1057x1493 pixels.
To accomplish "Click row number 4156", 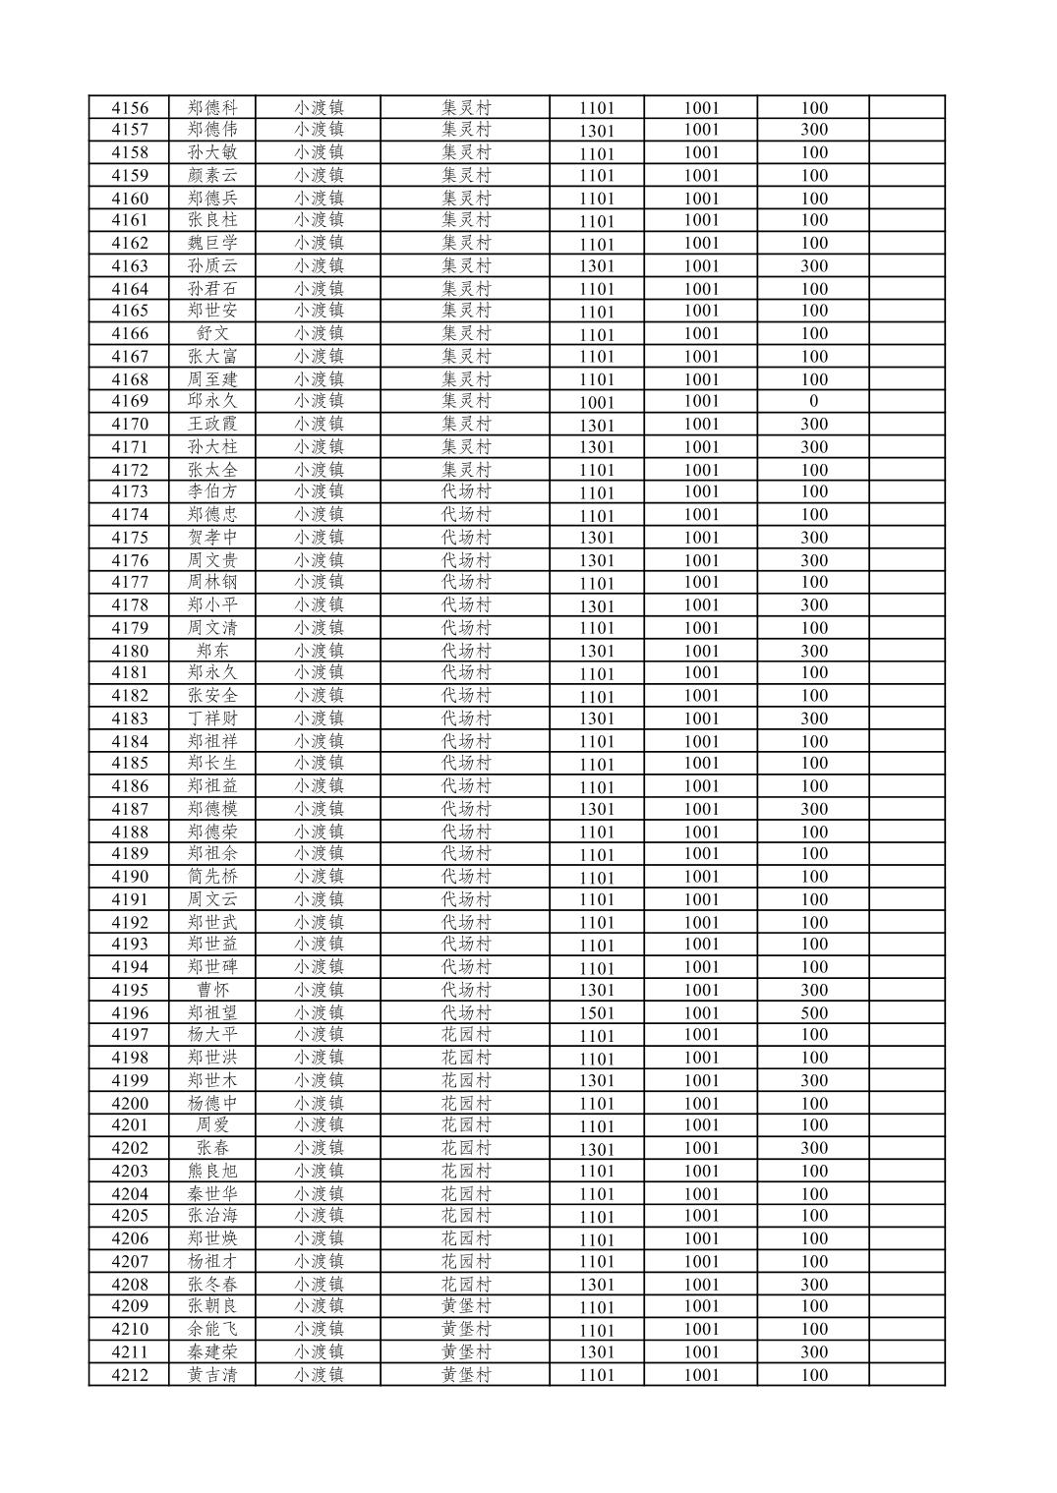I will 130,108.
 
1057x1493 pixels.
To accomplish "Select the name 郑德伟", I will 212,130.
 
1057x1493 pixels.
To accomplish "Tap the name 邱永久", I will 212,401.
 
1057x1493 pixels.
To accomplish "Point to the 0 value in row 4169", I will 813,401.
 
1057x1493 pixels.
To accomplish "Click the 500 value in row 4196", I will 813,1012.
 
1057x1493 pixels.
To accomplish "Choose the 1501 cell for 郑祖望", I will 596,1013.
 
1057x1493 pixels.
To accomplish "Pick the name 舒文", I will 212,334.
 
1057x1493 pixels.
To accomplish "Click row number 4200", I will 130,1103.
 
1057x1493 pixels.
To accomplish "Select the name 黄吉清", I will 212,1375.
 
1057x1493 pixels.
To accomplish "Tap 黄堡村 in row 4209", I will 466,1306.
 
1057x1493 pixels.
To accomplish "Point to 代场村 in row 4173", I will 466,491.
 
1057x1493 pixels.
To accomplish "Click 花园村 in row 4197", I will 466,1035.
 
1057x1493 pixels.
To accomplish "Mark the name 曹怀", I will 212,990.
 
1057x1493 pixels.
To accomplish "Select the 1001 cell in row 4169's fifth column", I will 596,402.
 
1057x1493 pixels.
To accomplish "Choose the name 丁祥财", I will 212,718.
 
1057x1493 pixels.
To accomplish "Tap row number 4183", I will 130,718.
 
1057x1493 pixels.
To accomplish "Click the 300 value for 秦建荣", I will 813,1351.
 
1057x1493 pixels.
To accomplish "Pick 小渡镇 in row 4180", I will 319,651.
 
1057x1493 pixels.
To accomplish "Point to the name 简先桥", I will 212,877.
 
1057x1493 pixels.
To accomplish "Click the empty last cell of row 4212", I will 907,1375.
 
